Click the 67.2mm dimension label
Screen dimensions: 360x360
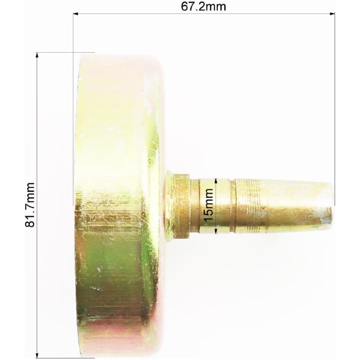(203, 7)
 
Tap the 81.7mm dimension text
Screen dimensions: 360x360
(30, 205)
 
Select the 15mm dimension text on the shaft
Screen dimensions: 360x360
(209, 205)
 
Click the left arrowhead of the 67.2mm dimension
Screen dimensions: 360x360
(76, 14)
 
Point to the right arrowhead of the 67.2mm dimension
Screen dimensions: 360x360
(332, 14)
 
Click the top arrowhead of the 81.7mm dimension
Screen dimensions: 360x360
(37, 55)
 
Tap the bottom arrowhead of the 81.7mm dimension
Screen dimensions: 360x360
(37, 355)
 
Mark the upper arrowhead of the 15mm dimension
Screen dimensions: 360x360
(216, 181)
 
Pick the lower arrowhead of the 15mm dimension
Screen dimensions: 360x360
(216, 231)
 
